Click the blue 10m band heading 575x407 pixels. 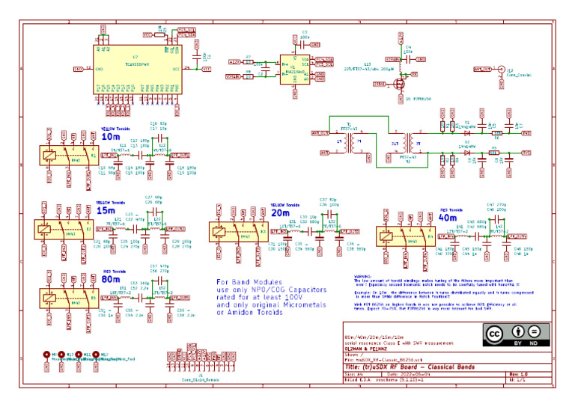click(110, 137)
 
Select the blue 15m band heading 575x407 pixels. click(105, 211)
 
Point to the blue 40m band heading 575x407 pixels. click(448, 218)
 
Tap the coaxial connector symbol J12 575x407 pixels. click(501, 69)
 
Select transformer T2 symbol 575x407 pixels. click(406, 143)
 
